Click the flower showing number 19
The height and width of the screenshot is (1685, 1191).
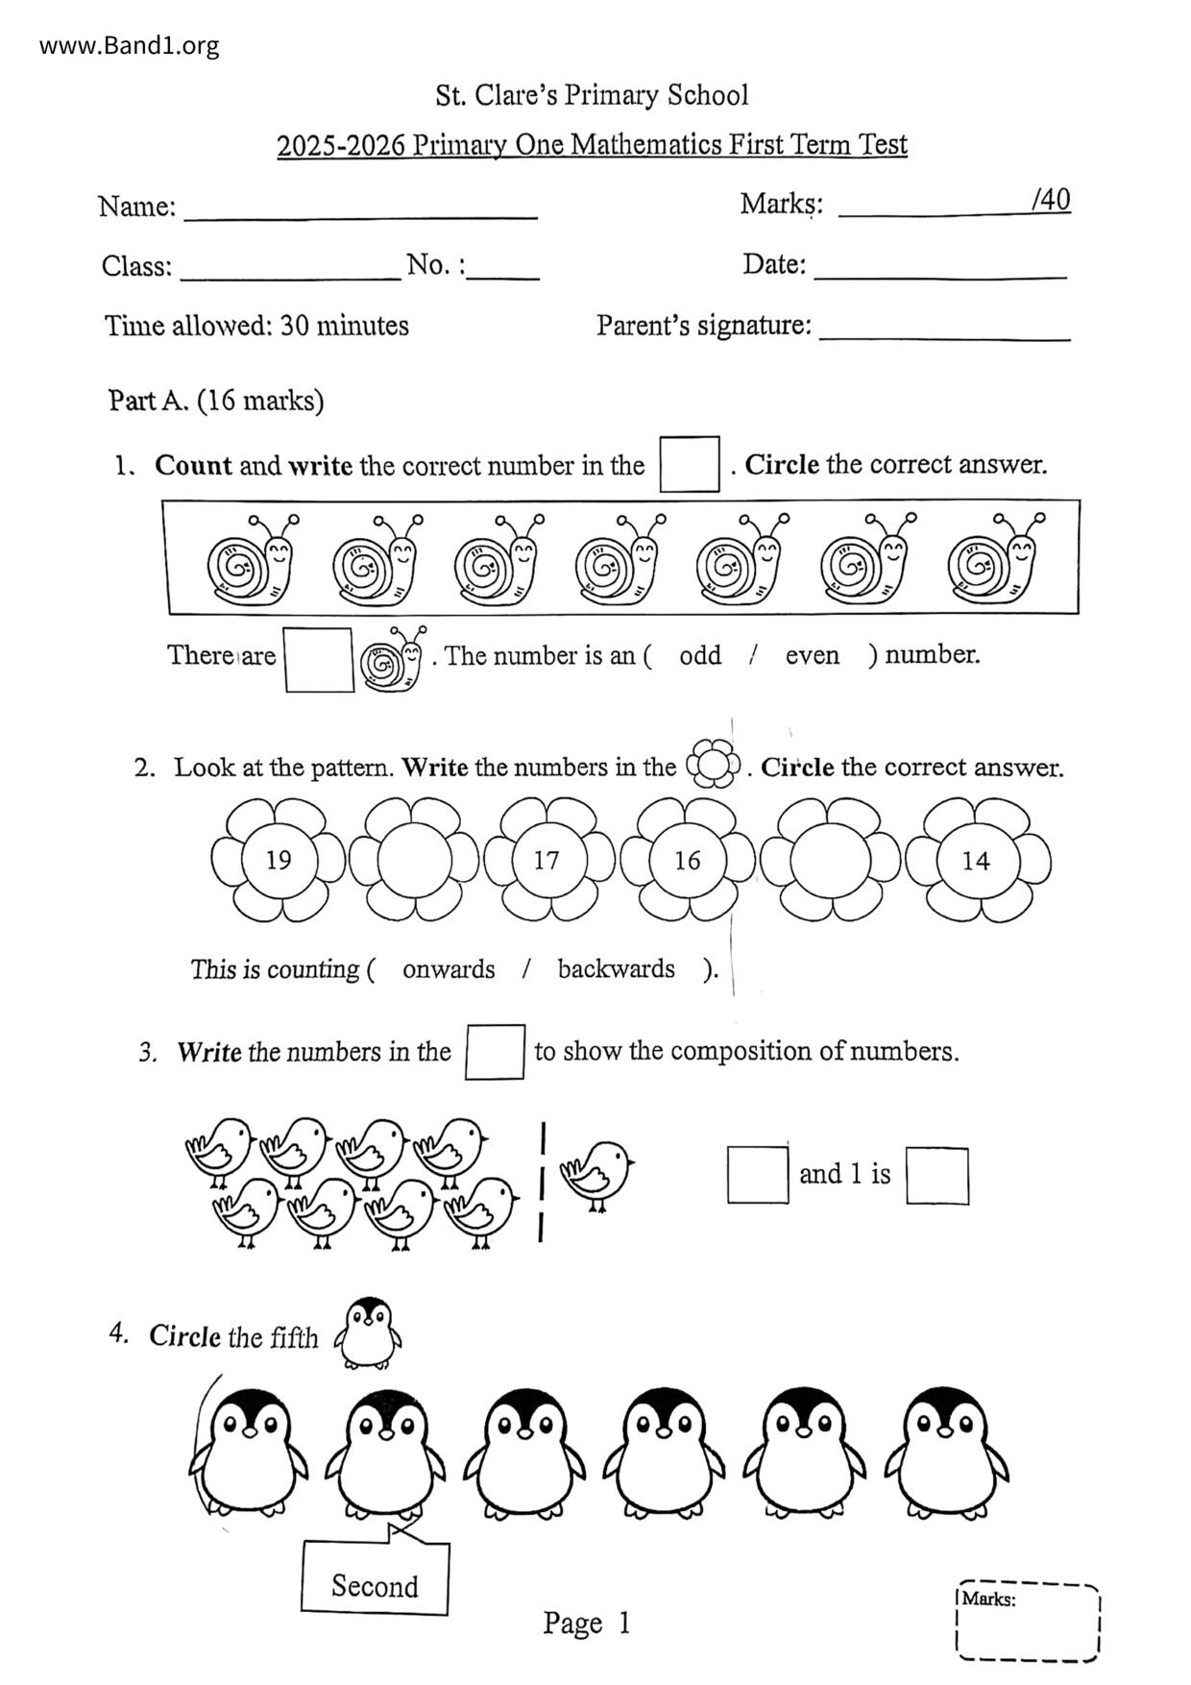point(278,860)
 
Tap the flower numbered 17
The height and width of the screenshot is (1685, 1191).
point(547,860)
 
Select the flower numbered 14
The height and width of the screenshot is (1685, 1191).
point(976,860)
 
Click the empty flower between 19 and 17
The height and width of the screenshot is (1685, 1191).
point(414,860)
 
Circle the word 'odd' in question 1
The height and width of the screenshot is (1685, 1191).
point(699,655)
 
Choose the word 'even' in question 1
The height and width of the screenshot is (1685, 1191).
point(812,655)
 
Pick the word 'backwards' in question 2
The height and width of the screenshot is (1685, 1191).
point(616,968)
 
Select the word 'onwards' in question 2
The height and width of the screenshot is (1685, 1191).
point(449,968)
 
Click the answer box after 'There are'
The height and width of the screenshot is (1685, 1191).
point(319,659)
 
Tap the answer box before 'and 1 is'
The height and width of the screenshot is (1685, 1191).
point(758,1174)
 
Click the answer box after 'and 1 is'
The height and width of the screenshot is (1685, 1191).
point(937,1175)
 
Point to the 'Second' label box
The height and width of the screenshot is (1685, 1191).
point(375,1584)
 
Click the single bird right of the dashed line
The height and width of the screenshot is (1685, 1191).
point(597,1173)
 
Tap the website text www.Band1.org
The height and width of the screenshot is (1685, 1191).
point(130,45)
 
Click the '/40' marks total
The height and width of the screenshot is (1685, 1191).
point(1051,200)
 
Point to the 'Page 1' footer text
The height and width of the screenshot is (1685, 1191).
point(586,1623)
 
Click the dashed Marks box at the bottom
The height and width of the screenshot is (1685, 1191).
point(1029,1622)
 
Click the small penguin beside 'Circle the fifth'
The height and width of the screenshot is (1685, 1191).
point(368,1332)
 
